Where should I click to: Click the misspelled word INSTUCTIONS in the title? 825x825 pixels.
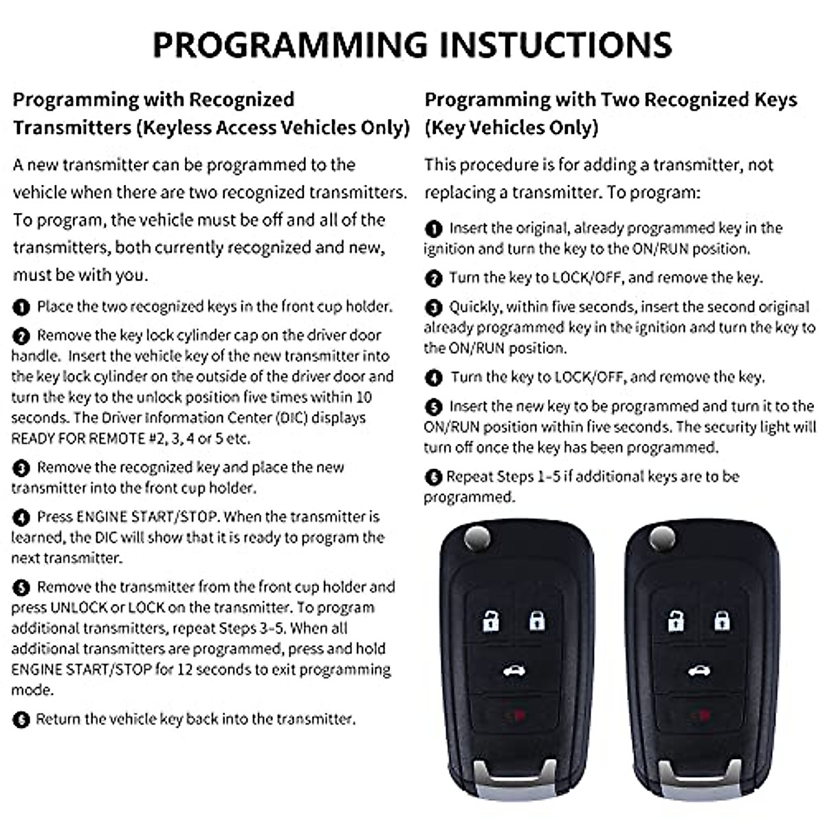tap(555, 45)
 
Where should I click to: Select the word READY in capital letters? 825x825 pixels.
tap(32, 439)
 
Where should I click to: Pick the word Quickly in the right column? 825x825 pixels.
tap(474, 307)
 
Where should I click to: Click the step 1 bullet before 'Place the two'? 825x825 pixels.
tap(21, 307)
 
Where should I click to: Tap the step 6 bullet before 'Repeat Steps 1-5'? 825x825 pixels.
tap(433, 477)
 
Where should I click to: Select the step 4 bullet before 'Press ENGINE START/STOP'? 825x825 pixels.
tap(21, 518)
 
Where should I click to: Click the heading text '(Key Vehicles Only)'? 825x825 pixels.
tap(511, 128)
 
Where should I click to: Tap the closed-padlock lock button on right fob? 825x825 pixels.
tap(721, 621)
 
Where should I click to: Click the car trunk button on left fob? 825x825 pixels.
tap(513, 671)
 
